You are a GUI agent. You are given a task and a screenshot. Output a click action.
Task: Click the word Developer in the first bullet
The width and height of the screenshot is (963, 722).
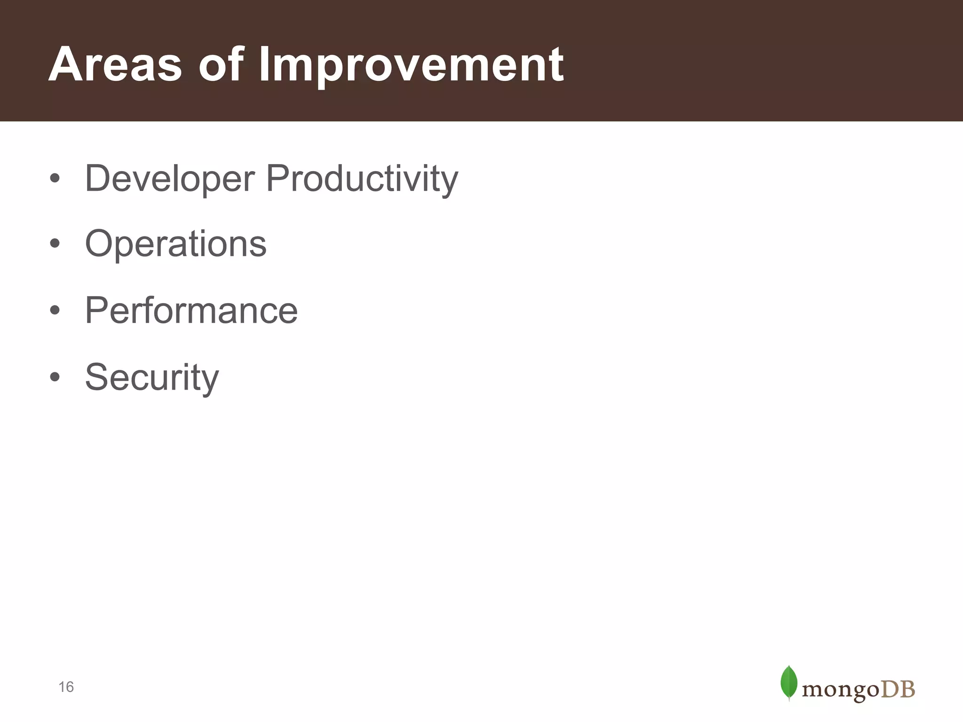[169, 179]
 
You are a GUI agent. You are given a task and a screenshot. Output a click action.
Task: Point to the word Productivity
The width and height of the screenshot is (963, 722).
[362, 179]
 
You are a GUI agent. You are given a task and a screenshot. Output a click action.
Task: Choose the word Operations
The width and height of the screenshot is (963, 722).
[175, 244]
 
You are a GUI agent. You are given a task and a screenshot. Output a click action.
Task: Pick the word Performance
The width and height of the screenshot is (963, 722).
[191, 311]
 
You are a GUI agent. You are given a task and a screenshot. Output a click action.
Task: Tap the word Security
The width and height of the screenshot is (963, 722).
[151, 377]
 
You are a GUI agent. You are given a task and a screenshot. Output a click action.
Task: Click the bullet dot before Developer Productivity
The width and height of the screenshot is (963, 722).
[55, 179]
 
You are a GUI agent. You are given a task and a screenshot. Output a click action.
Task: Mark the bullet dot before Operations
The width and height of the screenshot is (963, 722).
[55, 243]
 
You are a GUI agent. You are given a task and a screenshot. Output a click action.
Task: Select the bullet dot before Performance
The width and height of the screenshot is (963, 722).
[55, 310]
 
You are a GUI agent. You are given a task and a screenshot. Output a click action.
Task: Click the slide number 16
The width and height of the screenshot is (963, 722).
[66, 687]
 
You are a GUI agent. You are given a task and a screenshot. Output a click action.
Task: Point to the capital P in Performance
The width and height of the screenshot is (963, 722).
[96, 311]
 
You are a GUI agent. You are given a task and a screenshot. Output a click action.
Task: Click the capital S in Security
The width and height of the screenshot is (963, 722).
[96, 377]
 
